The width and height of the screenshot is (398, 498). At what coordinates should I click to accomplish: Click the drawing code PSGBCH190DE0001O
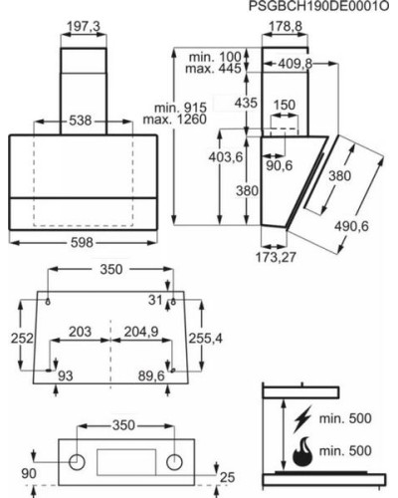(x=318, y=6)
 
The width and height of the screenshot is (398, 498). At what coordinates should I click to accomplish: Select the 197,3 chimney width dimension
(x=84, y=27)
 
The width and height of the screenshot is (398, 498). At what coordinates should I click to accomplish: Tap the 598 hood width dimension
(x=82, y=243)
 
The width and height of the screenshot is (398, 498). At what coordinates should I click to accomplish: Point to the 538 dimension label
(x=81, y=121)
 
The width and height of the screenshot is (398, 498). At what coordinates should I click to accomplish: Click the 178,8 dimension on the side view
(x=286, y=27)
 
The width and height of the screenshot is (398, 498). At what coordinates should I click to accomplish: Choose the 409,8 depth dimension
(x=296, y=64)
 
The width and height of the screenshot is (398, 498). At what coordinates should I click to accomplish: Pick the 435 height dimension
(x=246, y=103)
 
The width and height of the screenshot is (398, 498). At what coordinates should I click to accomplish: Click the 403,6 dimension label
(x=226, y=156)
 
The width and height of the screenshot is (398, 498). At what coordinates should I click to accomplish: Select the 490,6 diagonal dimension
(x=351, y=226)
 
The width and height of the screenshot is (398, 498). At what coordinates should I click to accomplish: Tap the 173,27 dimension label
(x=276, y=257)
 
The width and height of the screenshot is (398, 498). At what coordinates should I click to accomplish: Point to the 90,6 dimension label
(x=280, y=165)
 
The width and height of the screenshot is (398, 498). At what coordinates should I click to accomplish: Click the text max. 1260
(x=175, y=120)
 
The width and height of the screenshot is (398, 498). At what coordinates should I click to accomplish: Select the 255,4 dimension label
(x=206, y=339)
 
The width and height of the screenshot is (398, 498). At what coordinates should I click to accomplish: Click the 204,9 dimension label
(x=141, y=332)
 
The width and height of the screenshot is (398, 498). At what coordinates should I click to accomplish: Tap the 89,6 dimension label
(x=151, y=375)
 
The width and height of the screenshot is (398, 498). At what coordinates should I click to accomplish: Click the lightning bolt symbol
(x=302, y=419)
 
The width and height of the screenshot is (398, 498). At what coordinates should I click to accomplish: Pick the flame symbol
(x=302, y=451)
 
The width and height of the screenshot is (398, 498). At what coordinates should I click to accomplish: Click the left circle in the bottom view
(x=77, y=462)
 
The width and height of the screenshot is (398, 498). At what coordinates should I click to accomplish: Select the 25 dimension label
(x=228, y=477)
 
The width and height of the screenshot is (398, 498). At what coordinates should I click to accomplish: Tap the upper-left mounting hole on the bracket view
(x=48, y=302)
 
